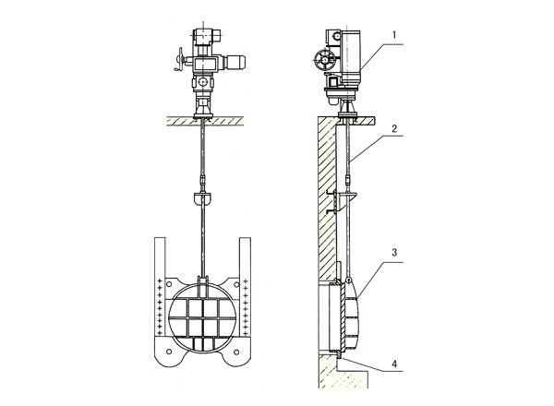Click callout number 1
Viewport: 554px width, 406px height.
pyautogui.click(x=394, y=34)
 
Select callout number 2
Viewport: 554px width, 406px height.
pyautogui.click(x=394, y=128)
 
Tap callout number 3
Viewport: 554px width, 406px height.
pyautogui.click(x=394, y=253)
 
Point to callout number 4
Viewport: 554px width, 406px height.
pyautogui.click(x=394, y=364)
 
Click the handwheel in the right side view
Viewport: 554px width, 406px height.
pyautogui.click(x=324, y=60)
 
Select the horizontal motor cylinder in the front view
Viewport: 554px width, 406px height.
pyautogui.click(x=234, y=63)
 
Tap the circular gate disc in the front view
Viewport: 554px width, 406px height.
pyautogui.click(x=203, y=315)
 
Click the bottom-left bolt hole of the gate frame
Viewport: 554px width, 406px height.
pyautogui.click(x=169, y=352)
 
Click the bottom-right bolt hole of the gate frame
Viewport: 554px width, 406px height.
pyautogui.click(x=236, y=352)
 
